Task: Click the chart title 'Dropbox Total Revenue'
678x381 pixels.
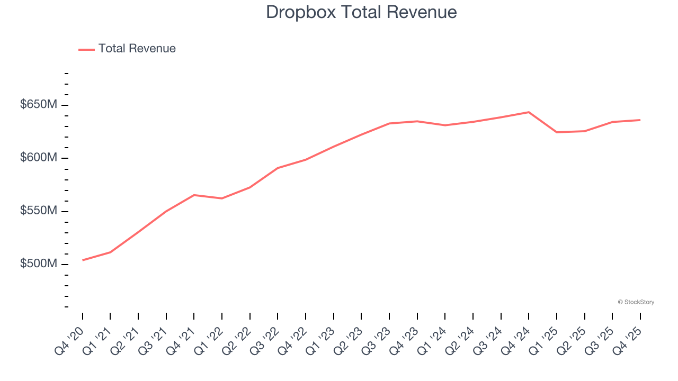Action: point(361,12)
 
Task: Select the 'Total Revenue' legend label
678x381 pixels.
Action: point(137,49)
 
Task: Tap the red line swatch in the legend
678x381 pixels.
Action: point(86,49)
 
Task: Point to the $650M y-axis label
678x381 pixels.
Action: point(38,105)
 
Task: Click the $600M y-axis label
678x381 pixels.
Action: point(38,158)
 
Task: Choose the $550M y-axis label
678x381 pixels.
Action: point(38,211)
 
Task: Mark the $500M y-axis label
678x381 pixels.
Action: point(38,264)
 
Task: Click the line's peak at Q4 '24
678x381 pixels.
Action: point(529,112)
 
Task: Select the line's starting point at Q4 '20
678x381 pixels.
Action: point(83,260)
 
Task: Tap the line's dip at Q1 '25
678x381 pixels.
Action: point(557,132)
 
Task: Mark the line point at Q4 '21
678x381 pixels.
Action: point(194,195)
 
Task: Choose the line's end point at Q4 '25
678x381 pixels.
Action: point(640,120)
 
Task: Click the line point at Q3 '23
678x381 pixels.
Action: point(389,123)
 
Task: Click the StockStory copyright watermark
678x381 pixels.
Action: point(636,302)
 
